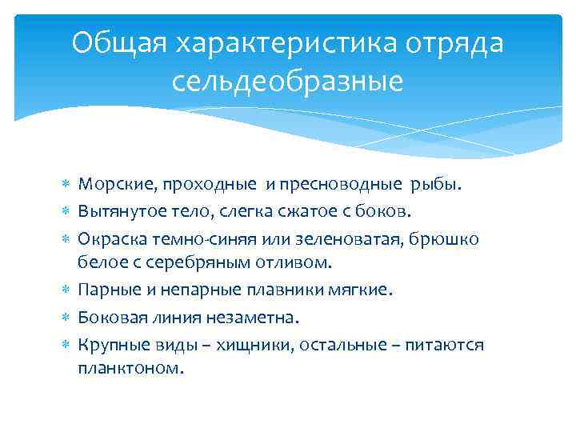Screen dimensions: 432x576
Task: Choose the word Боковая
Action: pos(113,318)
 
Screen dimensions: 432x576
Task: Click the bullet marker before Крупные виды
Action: pos(66,345)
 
